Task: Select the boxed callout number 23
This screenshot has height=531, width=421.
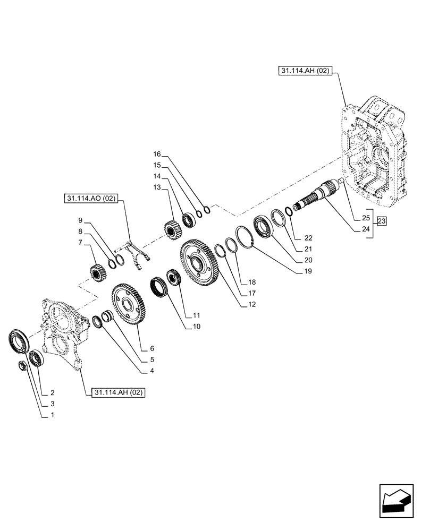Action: pos(382,222)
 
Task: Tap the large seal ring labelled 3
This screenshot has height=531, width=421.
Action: pos(19,341)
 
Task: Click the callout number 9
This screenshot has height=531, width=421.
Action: pos(80,220)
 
